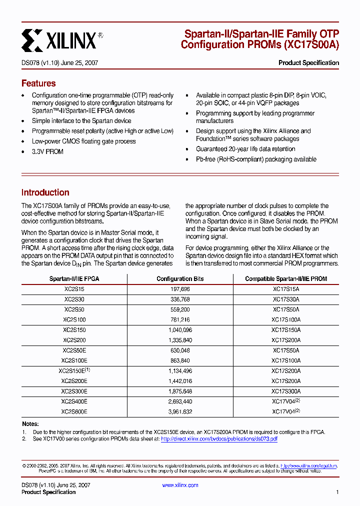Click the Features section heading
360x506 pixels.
pos(38,83)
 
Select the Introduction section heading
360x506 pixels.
pos(45,192)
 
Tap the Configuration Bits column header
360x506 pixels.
pos(180,279)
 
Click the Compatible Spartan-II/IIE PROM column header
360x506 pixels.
pos(286,279)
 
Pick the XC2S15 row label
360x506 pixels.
pos(74,289)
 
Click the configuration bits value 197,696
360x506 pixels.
pos(180,289)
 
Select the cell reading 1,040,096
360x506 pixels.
pos(180,330)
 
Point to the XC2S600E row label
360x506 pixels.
pos(74,412)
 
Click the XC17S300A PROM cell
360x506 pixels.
pos(286,391)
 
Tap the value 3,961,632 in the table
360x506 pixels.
pos(180,412)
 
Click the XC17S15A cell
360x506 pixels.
pos(286,289)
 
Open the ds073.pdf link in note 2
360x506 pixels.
pos(219,439)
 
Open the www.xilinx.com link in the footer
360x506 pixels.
pos(180,485)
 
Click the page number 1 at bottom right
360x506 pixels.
pos(337,492)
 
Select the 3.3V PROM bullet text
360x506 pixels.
pos(47,151)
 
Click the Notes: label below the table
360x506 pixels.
pos(30,424)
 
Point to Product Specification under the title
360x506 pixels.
pos(308,63)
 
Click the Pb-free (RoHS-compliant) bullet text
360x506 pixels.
pos(256,159)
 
